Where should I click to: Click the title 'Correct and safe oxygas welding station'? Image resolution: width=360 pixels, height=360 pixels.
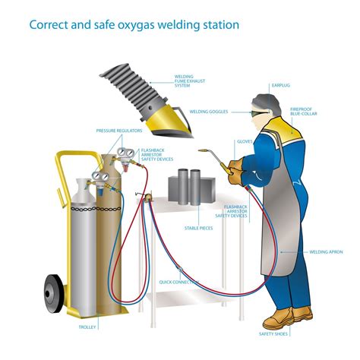pos(134,24)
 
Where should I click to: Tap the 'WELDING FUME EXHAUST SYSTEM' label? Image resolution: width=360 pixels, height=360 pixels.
pos(187,82)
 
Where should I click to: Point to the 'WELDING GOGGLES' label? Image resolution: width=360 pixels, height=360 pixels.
pos(209,111)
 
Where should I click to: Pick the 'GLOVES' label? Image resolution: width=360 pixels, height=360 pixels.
pos(245,141)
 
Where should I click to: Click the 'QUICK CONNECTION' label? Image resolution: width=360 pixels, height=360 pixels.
pos(185,283)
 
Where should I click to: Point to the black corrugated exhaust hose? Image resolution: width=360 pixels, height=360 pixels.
pos(137,75)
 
